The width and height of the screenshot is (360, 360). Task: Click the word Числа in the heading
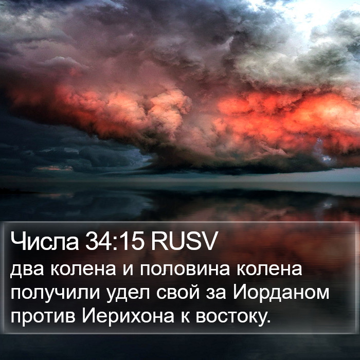45,242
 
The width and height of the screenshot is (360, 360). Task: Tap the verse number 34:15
115,242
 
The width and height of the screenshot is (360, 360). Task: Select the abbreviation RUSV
184,242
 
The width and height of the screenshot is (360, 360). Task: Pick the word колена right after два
83,269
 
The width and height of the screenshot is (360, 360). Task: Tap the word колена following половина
269,269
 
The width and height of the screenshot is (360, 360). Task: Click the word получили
56,295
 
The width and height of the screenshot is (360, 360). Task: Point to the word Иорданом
281,293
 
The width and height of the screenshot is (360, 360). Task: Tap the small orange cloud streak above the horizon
55,168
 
